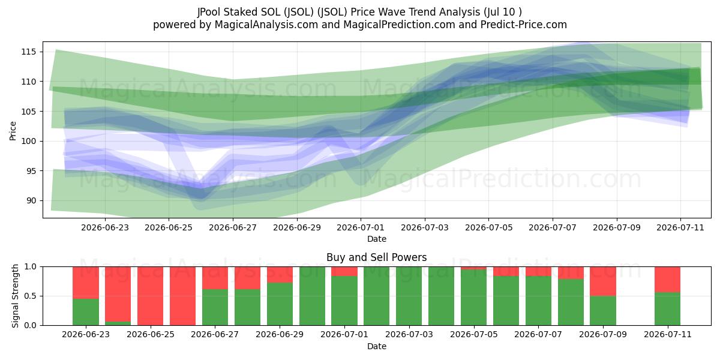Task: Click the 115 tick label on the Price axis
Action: tap(29, 52)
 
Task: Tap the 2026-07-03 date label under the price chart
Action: tap(425, 227)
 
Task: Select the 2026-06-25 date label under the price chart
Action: tap(169, 227)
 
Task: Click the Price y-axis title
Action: tap(13, 131)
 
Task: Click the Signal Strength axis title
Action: tap(15, 296)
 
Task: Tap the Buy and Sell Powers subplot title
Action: tap(376, 257)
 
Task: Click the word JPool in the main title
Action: tap(209, 12)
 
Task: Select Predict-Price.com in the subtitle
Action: tap(524, 25)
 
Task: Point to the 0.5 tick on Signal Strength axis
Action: tap(31, 296)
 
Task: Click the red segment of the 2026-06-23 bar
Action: tap(86, 283)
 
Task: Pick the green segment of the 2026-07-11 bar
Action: tap(668, 308)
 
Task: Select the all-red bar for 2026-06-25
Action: tap(151, 296)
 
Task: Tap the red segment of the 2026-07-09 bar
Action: tap(603, 281)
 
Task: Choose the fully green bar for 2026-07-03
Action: tap(409, 296)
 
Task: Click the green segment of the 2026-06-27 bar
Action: tap(215, 307)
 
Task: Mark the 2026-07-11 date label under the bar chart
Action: tap(668, 334)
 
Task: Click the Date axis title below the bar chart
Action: tap(377, 346)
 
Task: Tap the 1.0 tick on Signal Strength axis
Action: tap(31, 267)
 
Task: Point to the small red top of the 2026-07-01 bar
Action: tap(344, 271)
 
